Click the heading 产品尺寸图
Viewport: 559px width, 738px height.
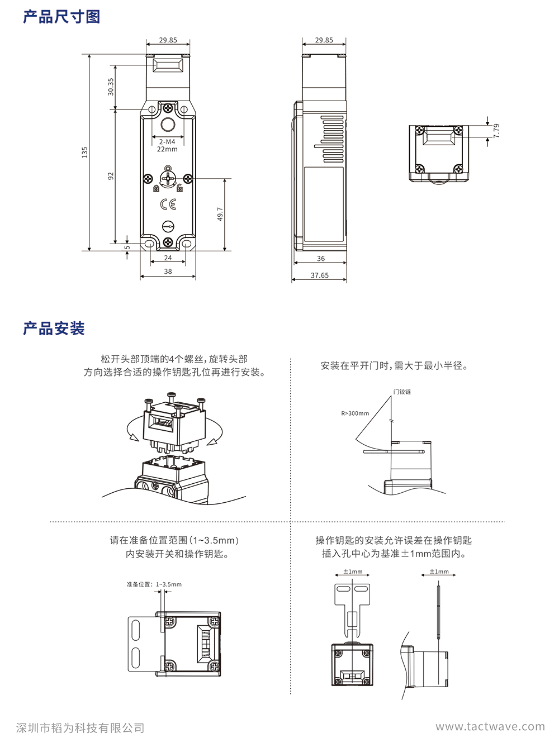(61, 17)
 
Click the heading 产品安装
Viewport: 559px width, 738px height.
(54, 328)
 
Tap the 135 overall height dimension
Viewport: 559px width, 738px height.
(85, 152)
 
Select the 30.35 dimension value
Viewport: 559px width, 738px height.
(111, 86)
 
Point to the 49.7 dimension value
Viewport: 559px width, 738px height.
(220, 214)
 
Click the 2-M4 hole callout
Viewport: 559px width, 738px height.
(167, 142)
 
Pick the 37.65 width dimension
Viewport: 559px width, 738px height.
(320, 275)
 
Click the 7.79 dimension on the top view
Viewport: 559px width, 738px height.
(496, 131)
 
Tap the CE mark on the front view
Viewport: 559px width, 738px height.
(168, 204)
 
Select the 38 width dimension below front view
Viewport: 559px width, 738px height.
(168, 272)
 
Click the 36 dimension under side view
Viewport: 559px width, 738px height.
(321, 259)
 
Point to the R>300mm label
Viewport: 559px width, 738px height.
(355, 413)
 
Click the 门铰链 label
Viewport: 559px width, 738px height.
(402, 392)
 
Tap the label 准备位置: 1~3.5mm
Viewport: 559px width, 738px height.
(154, 584)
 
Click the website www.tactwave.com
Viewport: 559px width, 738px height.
(490, 727)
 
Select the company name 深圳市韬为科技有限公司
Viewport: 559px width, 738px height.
(80, 728)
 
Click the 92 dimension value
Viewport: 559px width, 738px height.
(111, 175)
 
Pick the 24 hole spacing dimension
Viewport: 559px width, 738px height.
(168, 258)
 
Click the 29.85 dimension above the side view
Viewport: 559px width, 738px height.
(324, 40)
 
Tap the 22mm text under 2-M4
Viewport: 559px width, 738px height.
(167, 149)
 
